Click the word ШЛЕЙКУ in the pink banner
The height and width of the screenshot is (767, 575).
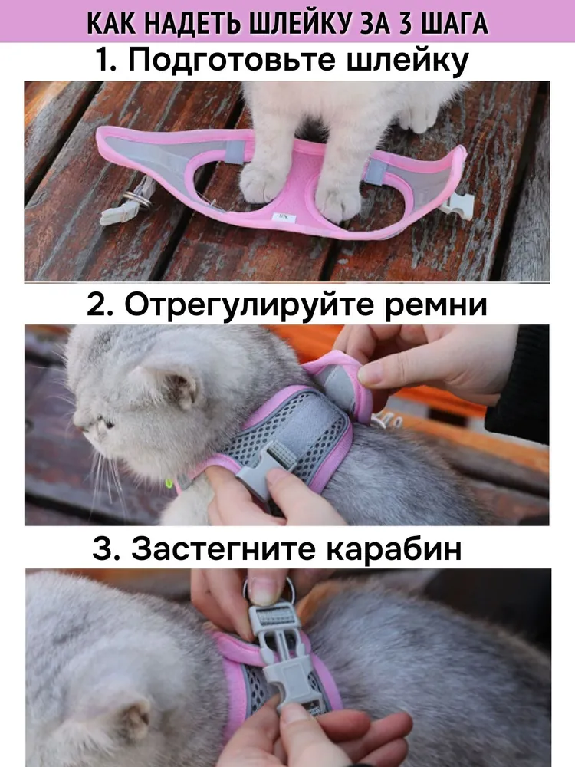[x=301, y=22]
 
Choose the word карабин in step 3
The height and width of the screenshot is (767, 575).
[x=393, y=549]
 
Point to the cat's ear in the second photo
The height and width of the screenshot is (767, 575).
[x=179, y=387]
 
